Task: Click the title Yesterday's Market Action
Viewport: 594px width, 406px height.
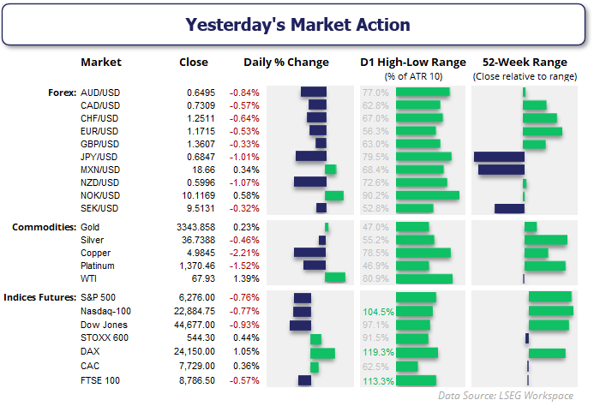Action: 297,24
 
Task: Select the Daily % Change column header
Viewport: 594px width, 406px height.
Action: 286,63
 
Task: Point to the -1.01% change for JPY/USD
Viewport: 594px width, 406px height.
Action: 244,156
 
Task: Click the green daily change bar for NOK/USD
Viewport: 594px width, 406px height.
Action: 334,195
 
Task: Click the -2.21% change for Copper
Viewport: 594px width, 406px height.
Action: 244,253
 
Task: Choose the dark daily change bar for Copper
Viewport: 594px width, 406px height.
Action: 309,253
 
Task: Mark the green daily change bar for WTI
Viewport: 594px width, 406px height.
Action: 335,278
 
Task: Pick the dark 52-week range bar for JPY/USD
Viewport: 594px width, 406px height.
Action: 499,156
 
